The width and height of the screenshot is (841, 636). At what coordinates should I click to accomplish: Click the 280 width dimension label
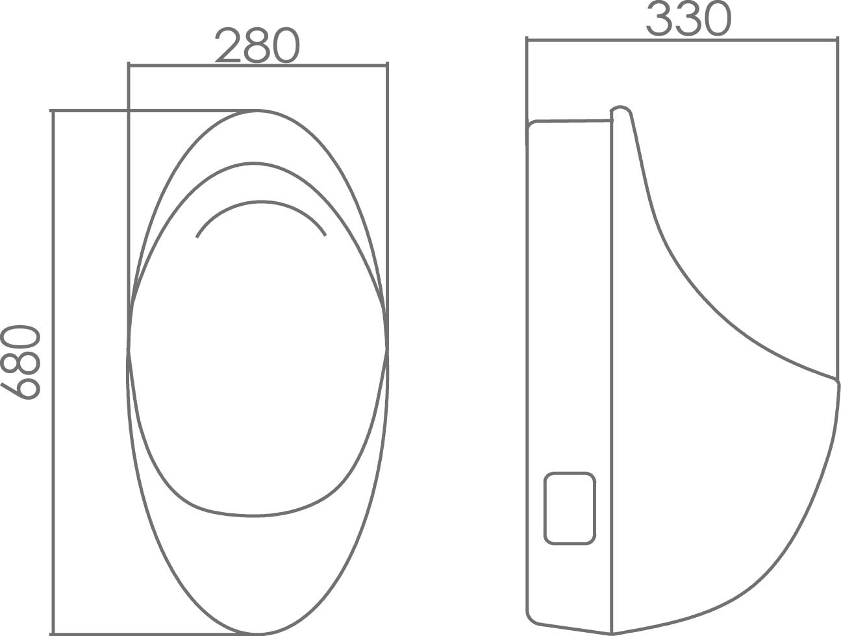pyautogui.click(x=257, y=45)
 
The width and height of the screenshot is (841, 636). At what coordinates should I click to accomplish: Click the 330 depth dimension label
pyautogui.click(x=688, y=18)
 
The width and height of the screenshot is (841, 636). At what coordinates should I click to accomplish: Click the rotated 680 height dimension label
pyautogui.click(x=21, y=362)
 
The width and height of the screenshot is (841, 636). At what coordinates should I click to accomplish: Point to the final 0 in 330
pyautogui.click(x=717, y=18)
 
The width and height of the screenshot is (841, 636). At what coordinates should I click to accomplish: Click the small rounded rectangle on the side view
pyautogui.click(x=570, y=508)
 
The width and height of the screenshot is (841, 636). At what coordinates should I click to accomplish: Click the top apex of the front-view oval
pyautogui.click(x=257, y=110)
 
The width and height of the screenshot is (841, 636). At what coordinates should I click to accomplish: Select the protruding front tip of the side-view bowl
pyautogui.click(x=837, y=383)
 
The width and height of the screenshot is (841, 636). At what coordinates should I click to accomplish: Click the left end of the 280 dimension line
pyautogui.click(x=129, y=65)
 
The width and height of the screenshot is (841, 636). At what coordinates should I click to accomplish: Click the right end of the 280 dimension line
pyautogui.click(x=387, y=65)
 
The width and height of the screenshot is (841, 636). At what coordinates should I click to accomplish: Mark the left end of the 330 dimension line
pyautogui.click(x=527, y=40)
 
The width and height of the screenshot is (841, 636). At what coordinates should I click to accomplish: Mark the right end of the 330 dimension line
pyautogui.click(x=836, y=40)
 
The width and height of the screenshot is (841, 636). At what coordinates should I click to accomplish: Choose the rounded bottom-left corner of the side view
pyautogui.click(x=531, y=618)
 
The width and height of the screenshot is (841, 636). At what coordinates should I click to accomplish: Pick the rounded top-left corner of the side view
pyautogui.click(x=531, y=125)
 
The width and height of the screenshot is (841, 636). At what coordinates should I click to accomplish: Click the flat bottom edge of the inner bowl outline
pyautogui.click(x=253, y=516)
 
